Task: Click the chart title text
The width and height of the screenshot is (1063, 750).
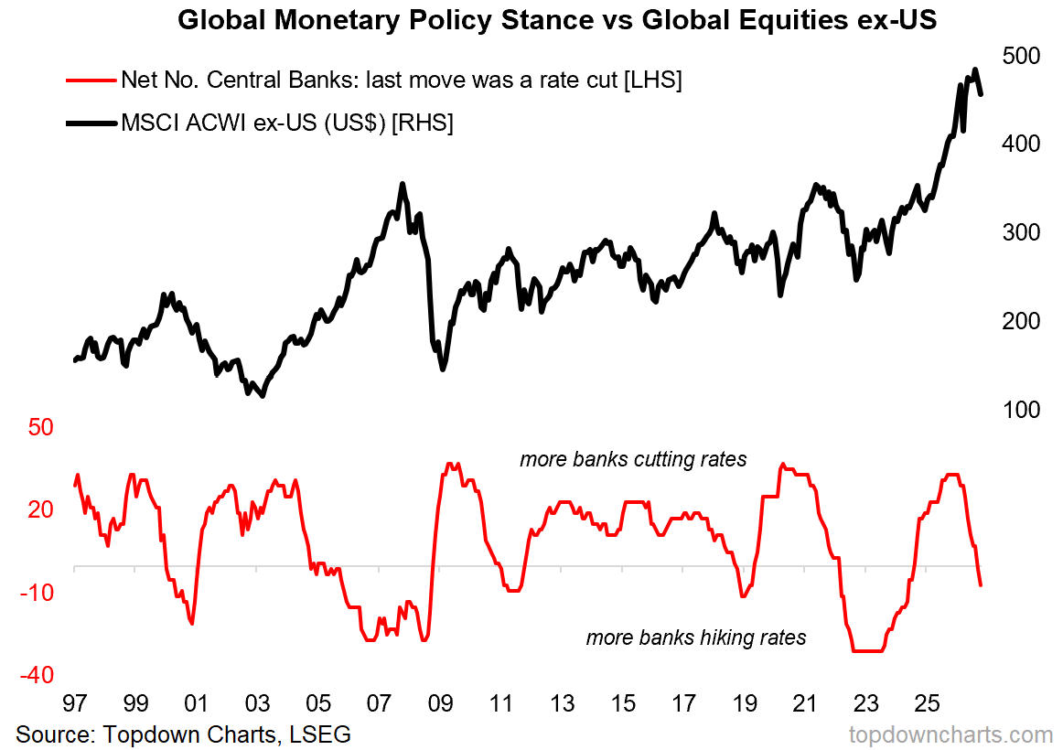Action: click(557, 19)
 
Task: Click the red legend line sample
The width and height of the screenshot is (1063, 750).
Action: click(91, 80)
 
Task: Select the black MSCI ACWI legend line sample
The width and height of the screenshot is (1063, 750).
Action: click(91, 123)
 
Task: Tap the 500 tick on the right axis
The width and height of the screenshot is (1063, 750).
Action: click(1021, 56)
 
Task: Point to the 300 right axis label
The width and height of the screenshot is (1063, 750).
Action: click(1021, 232)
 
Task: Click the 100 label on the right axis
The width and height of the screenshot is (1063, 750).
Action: click(1021, 410)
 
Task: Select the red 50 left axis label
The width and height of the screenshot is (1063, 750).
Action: click(40, 427)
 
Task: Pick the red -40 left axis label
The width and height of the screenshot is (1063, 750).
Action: click(37, 675)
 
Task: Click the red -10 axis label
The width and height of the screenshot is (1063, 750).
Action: click(37, 593)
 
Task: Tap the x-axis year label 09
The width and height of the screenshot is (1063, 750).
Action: click(440, 703)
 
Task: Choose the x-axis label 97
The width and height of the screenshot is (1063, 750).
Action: click(75, 703)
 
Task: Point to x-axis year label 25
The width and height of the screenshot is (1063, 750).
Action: click(927, 703)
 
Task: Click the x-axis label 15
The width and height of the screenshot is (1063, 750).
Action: click(622, 703)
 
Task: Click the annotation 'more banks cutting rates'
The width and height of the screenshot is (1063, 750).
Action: click(633, 459)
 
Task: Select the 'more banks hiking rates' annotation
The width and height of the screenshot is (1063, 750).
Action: click(696, 637)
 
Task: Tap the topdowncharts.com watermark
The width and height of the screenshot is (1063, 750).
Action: click(950, 734)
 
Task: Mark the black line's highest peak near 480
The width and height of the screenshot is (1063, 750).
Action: click(975, 70)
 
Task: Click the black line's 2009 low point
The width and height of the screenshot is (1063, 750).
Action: click(443, 370)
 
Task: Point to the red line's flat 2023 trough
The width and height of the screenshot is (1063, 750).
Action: click(868, 651)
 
